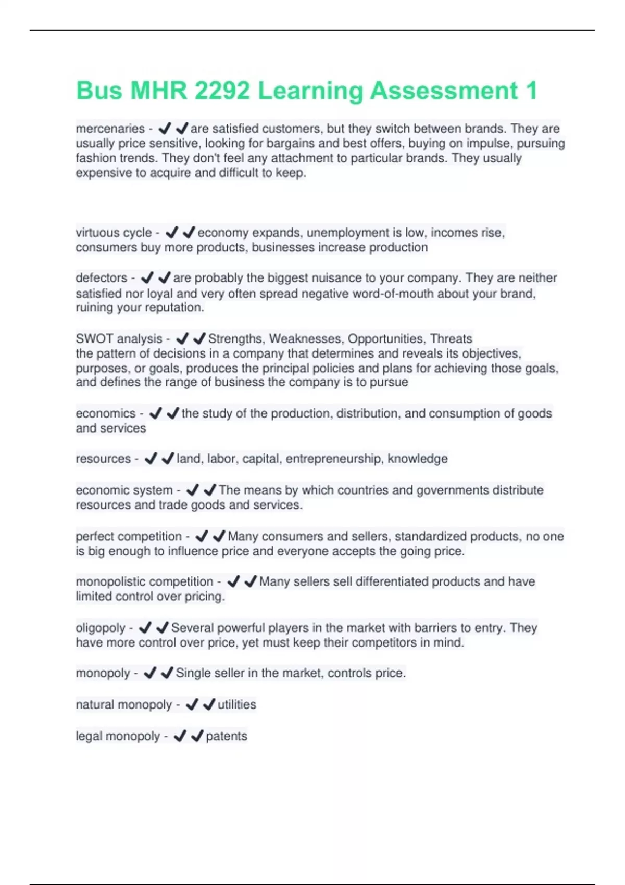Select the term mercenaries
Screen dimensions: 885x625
point(110,129)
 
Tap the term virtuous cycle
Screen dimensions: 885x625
point(114,233)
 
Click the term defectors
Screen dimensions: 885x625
point(101,278)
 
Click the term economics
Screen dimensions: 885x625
point(105,413)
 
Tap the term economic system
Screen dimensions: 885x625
point(124,490)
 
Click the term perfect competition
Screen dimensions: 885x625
point(129,536)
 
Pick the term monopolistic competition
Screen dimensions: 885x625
point(144,581)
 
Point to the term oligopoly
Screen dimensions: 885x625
point(101,628)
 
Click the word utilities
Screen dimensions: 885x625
point(237,705)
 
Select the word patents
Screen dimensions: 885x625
point(227,736)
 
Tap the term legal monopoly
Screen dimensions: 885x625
point(118,736)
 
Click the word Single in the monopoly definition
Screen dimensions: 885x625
point(192,673)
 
